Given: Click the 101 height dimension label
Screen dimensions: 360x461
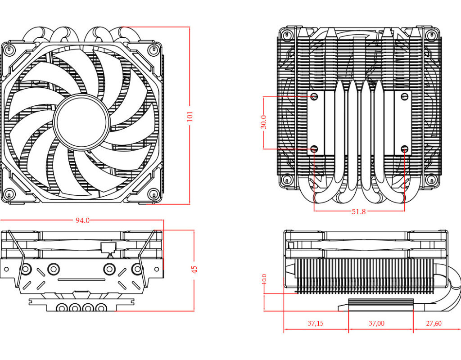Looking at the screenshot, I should click(x=190, y=117).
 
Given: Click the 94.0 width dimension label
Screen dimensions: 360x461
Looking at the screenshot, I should click(x=82, y=220).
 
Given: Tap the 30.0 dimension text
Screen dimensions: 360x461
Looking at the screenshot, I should click(x=264, y=122).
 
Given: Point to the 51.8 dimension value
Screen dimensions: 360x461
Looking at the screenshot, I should click(x=358, y=211).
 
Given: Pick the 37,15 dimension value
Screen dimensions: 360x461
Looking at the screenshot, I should click(x=316, y=323).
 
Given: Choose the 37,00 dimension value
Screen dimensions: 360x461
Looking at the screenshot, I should click(x=377, y=323).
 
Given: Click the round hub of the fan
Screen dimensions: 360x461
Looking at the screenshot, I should click(x=81, y=121).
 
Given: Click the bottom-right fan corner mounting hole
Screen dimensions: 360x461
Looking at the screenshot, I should click(x=154, y=194).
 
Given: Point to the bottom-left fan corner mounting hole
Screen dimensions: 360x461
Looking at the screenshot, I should click(x=9, y=194).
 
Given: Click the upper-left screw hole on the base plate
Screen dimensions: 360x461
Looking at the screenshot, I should click(x=314, y=96).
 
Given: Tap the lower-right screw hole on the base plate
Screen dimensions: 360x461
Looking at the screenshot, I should click(x=404, y=148).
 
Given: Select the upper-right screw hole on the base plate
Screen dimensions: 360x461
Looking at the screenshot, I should click(x=404, y=96).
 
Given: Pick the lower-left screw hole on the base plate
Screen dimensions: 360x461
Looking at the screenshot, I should click(x=314, y=148).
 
